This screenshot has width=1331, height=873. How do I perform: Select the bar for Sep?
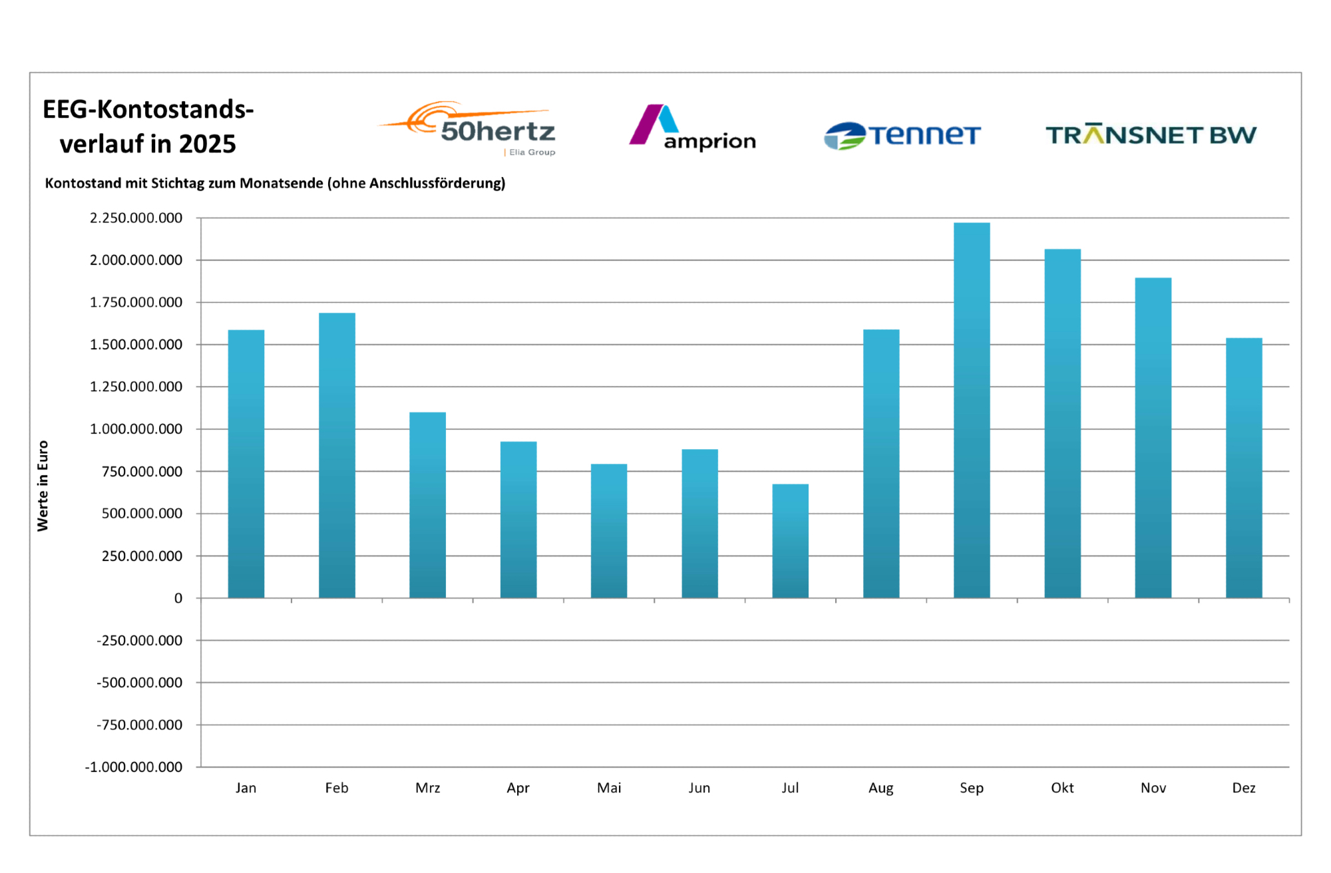972,410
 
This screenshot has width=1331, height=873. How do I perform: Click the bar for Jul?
790,540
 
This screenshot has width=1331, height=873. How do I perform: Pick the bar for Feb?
337,455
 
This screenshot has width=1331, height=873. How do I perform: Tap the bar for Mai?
609,530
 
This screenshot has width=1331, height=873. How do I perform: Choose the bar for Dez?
1244,468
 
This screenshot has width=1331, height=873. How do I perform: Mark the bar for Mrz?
427,504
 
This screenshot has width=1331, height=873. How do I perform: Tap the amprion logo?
692,128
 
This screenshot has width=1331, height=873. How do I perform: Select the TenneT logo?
902,135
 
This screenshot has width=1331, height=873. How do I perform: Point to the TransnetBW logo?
1151,134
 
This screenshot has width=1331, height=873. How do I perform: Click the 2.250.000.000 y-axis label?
136,218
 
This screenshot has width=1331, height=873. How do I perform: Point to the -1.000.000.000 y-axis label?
133,767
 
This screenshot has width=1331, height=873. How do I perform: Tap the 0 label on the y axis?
178,598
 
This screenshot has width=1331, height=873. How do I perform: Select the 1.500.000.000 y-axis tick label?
136,345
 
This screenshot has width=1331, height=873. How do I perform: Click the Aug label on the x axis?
880,788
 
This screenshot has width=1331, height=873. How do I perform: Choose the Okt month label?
1062,788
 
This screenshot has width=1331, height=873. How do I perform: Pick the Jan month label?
246,788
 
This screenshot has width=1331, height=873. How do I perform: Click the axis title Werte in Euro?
43,486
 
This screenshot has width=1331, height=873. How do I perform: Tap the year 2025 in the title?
207,144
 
